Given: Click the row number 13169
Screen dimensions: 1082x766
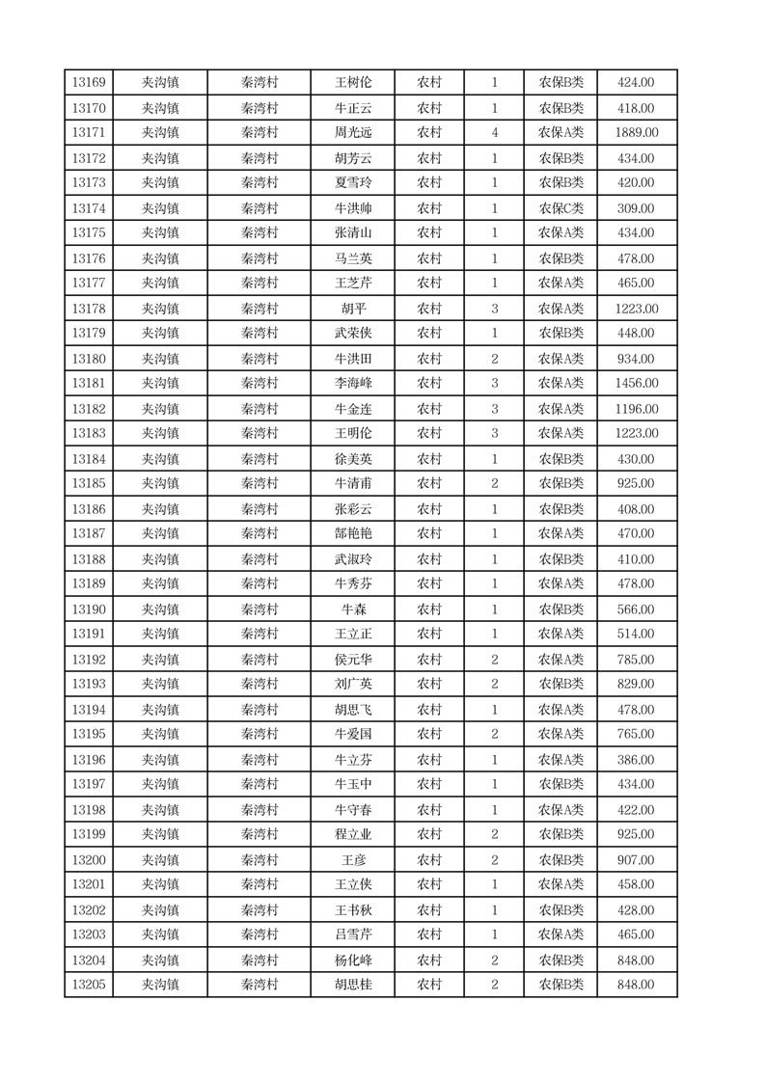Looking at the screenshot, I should [x=89, y=83].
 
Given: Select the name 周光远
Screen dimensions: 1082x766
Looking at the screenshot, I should [x=352, y=133].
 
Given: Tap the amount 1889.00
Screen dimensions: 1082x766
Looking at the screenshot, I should [x=637, y=133].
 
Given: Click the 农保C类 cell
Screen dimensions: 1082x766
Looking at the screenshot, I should [x=561, y=208].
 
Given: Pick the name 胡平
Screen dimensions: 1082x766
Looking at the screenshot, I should [x=352, y=309].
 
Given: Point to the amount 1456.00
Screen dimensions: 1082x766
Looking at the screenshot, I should [x=637, y=384].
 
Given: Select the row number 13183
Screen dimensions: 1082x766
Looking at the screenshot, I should [x=89, y=434].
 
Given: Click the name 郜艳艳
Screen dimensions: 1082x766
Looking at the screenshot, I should [x=352, y=534].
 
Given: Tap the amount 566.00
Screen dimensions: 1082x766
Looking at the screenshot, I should [x=637, y=609].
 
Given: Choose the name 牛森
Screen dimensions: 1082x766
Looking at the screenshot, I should [x=352, y=609].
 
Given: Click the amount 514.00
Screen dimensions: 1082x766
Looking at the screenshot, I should [x=637, y=635].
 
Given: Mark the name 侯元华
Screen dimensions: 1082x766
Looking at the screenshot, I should [x=352, y=660].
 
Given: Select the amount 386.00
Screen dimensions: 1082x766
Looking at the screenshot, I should [x=637, y=760].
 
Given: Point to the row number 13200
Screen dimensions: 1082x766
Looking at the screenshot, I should [x=89, y=860].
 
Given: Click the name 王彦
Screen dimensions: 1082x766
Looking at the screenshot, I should [x=352, y=860].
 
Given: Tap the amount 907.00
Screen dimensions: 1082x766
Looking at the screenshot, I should [x=637, y=860].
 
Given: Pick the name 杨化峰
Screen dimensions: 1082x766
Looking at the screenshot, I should [x=352, y=960].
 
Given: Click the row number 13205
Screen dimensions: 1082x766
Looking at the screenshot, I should [x=89, y=985].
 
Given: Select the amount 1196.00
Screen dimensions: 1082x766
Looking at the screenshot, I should [x=637, y=409].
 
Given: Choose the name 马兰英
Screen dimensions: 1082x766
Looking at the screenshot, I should [x=352, y=258].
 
